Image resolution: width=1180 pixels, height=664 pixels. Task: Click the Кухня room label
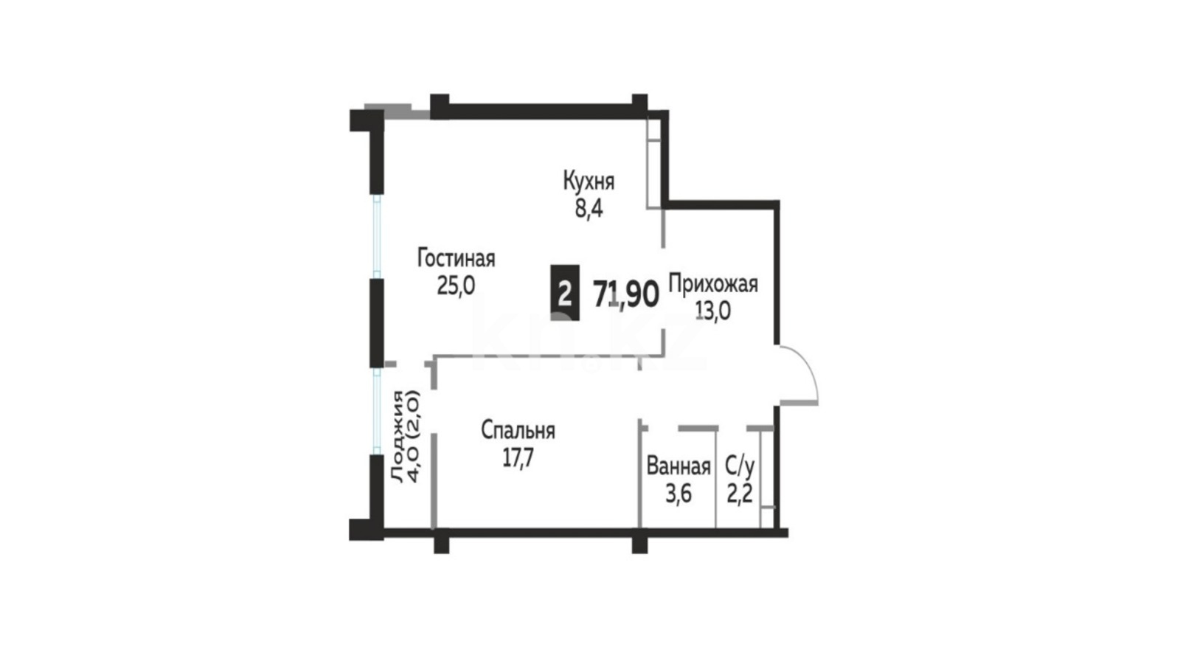pyautogui.click(x=589, y=181)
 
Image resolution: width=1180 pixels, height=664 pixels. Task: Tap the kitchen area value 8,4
pyautogui.click(x=589, y=210)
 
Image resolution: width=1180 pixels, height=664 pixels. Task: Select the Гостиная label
pyautogui.click(x=457, y=259)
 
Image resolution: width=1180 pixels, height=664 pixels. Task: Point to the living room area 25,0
pyautogui.click(x=457, y=286)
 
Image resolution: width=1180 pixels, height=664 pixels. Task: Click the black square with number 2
pyautogui.click(x=565, y=292)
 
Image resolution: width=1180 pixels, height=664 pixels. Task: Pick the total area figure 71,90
pyautogui.click(x=626, y=294)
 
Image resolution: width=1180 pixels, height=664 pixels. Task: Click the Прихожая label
pyautogui.click(x=713, y=285)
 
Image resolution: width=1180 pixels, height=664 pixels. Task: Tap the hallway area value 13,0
pyautogui.click(x=712, y=311)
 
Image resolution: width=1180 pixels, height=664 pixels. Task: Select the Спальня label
pyautogui.click(x=518, y=431)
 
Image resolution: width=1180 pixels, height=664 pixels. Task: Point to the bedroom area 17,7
pyautogui.click(x=518, y=458)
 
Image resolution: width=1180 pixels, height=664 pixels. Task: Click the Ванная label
pyautogui.click(x=678, y=467)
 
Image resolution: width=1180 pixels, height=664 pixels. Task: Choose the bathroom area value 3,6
pyautogui.click(x=678, y=494)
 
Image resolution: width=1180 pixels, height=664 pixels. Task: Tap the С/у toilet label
pyautogui.click(x=740, y=466)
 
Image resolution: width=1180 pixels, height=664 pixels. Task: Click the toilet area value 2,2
pyautogui.click(x=740, y=494)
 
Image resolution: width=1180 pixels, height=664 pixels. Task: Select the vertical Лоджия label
pyautogui.click(x=406, y=437)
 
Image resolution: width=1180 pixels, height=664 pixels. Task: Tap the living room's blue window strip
pyautogui.click(x=377, y=236)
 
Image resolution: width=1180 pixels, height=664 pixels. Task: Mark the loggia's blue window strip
pyautogui.click(x=377, y=411)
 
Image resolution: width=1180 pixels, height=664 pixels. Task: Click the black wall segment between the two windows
pyautogui.click(x=376, y=322)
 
